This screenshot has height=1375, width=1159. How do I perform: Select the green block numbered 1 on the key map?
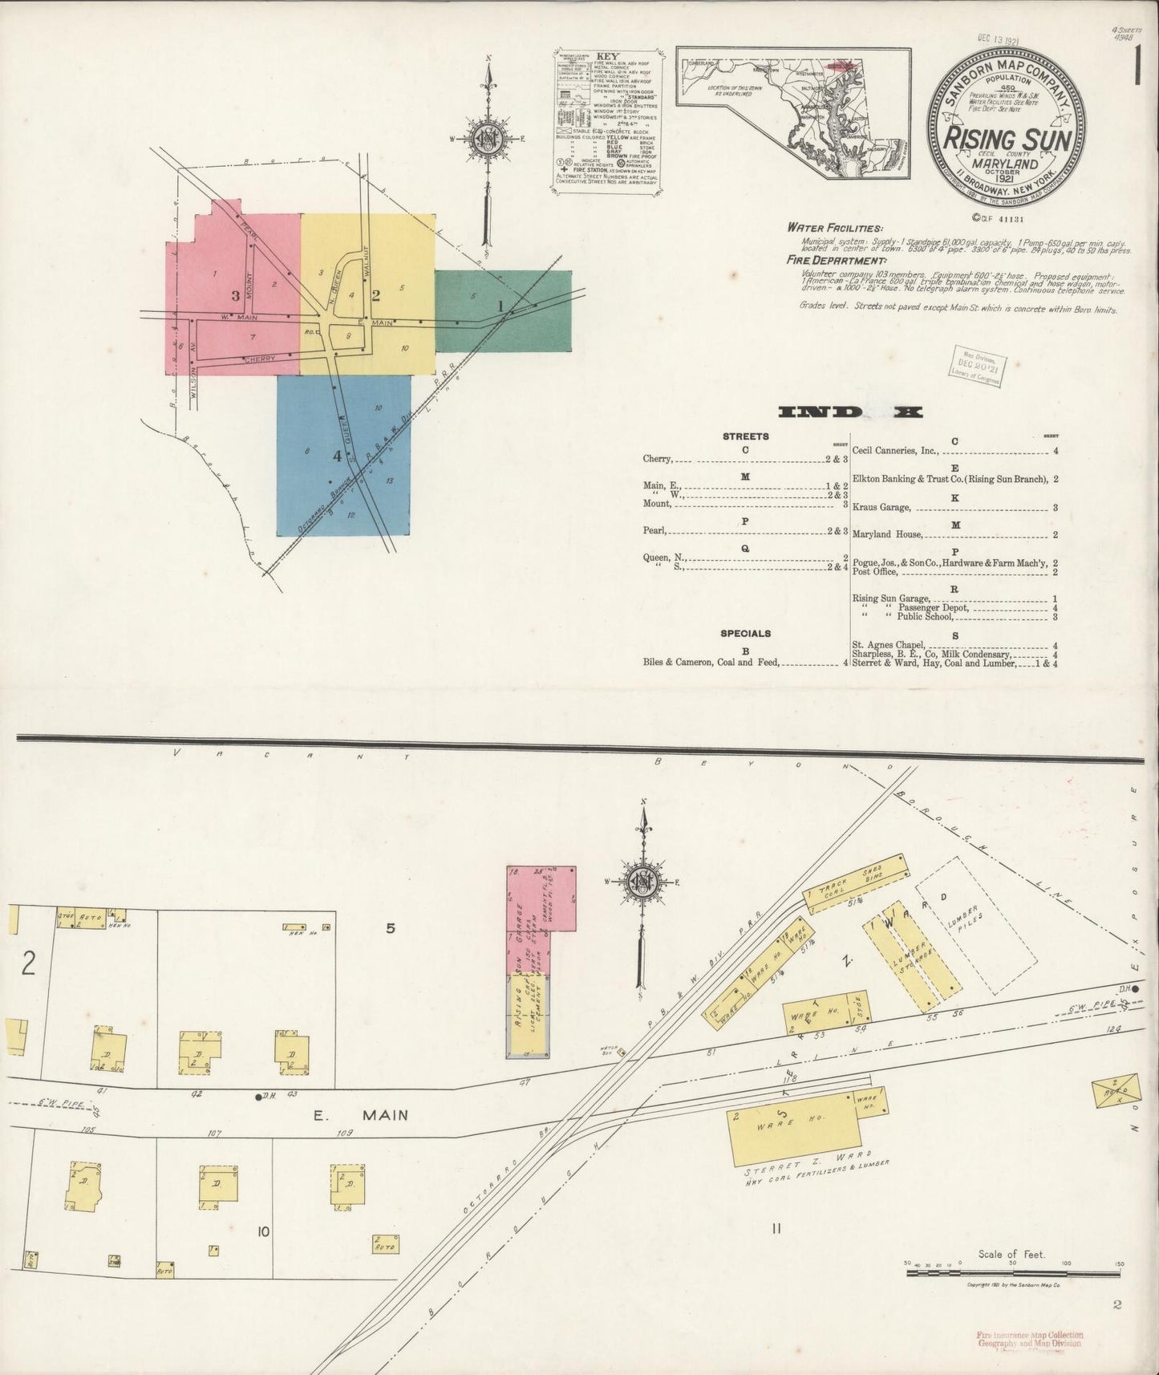click(x=504, y=311)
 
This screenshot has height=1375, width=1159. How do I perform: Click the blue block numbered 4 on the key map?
click(x=342, y=455)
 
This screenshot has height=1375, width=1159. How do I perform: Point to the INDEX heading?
click(x=850, y=412)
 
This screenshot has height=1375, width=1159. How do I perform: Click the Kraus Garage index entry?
click(x=881, y=508)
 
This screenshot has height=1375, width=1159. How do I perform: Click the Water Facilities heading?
click(x=834, y=229)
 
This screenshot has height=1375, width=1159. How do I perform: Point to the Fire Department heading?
click(x=837, y=261)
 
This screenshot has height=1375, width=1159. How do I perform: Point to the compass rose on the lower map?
click(x=642, y=881)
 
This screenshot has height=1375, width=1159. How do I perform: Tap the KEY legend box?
click(x=608, y=120)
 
